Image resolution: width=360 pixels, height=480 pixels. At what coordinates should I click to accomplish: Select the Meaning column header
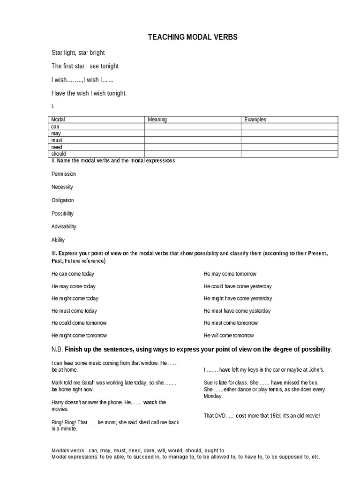click(157, 120)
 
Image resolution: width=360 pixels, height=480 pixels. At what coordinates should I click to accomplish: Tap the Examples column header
click(255, 120)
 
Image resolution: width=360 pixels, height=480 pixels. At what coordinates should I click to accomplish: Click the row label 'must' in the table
click(57, 140)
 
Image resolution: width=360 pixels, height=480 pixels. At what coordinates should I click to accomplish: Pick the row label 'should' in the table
click(59, 154)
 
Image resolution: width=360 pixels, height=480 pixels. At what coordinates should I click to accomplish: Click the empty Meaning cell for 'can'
click(193, 127)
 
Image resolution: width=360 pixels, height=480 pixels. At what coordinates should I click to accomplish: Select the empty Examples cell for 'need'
click(289, 147)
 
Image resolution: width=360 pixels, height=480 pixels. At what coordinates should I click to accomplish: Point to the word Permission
click(64, 174)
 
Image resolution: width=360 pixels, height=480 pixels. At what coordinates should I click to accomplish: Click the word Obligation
click(63, 200)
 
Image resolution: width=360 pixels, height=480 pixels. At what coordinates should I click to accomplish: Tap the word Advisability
click(64, 226)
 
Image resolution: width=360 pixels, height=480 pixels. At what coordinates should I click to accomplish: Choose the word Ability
click(58, 240)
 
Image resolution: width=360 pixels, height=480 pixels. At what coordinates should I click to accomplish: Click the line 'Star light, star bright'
click(78, 53)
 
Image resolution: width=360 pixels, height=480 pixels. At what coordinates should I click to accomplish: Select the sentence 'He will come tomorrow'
click(229, 335)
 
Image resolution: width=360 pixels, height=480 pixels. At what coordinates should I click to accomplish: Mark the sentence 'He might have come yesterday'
click(238, 299)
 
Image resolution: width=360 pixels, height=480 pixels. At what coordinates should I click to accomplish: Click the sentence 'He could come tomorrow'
click(79, 323)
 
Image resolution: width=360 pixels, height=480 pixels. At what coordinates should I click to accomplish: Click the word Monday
click(213, 396)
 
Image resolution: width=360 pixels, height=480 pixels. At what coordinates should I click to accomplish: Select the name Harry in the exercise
click(58, 402)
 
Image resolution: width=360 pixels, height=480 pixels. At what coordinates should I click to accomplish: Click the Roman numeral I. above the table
click(53, 107)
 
